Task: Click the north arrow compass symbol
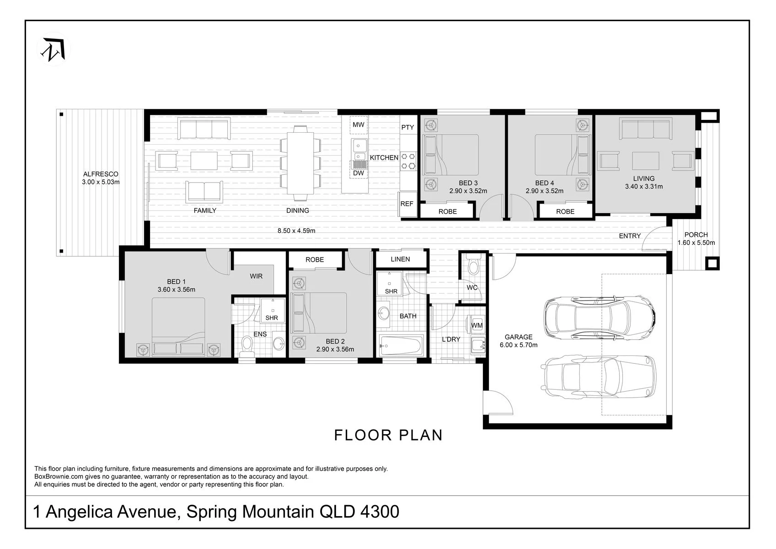tap(54, 49)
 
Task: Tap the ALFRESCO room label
tap(101, 174)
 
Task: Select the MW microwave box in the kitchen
tap(358, 125)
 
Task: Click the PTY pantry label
tap(407, 127)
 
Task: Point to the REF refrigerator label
tap(407, 204)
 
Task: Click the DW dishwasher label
tap(358, 173)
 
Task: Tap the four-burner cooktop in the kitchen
tap(408, 161)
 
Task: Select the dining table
tap(300, 163)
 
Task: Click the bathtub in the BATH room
tap(401, 345)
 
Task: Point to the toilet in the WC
tap(472, 265)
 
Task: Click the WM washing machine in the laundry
tap(476, 325)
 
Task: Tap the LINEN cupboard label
tap(400, 259)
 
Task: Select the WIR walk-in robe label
tap(256, 276)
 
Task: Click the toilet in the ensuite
tap(247, 345)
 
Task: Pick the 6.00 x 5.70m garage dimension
tap(518, 345)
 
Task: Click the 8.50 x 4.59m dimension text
tap(296, 231)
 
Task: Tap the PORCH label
tap(696, 235)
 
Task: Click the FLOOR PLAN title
tap(388, 436)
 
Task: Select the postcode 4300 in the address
tap(380, 511)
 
